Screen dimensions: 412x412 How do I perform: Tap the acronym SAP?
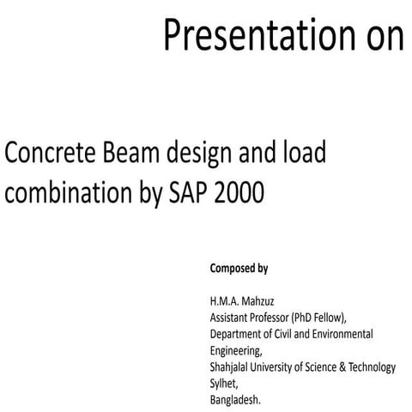coord(186,193)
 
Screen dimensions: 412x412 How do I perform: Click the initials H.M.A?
coord(226,301)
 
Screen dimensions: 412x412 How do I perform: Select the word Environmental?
coord(343,333)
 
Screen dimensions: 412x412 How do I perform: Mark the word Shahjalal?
coord(233,367)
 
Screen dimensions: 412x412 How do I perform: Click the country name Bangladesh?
coord(234,399)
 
